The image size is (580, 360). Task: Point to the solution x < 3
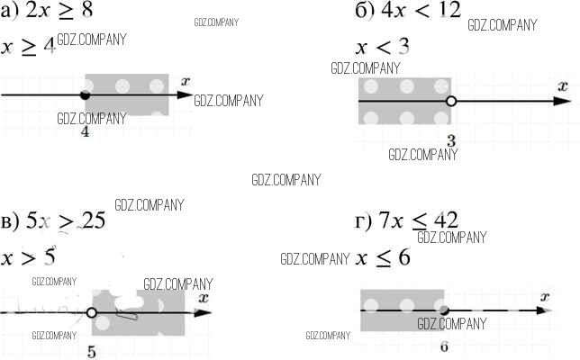[x=382, y=47]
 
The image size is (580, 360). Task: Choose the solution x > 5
[x=28, y=257]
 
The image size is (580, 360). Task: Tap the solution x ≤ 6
[x=383, y=257]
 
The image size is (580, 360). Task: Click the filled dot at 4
[x=85, y=94]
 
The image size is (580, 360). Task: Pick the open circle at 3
[x=451, y=101]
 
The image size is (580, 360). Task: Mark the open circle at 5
[x=91, y=313]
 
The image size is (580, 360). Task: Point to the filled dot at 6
[x=444, y=310]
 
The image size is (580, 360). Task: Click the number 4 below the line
[x=85, y=132]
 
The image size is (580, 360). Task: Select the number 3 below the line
[x=451, y=139]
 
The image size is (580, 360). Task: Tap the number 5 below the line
[x=92, y=351]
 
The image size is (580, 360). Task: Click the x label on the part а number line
[x=186, y=81]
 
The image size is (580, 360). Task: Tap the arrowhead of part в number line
[x=206, y=313]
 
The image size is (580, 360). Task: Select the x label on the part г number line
[x=545, y=295]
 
